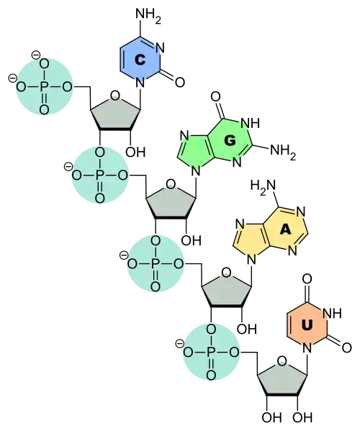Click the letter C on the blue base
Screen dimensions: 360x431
pyautogui.click(x=140, y=60)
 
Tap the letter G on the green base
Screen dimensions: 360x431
pyautogui.click(x=230, y=141)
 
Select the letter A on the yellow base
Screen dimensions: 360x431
pyautogui.click(x=285, y=230)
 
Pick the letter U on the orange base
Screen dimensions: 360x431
pyautogui.click(x=307, y=325)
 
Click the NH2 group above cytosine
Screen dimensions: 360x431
pyautogui.click(x=148, y=15)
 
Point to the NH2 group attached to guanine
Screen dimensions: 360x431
pyautogui.click(x=283, y=151)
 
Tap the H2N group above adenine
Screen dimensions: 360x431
pyautogui.click(x=263, y=186)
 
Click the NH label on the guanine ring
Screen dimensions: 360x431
pyautogui.click(x=251, y=124)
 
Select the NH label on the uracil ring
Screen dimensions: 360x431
pyautogui.click(x=332, y=313)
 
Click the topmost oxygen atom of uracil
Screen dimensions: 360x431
pyautogui.click(x=307, y=279)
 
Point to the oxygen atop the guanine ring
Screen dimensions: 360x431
pyautogui.click(x=215, y=96)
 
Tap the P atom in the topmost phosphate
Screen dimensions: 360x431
pyautogui.click(x=43, y=87)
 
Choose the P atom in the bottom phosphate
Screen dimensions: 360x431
pyautogui.click(x=211, y=353)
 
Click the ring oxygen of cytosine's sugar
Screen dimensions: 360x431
pyautogui.click(x=114, y=96)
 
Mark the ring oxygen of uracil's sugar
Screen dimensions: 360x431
pyautogui.click(x=282, y=361)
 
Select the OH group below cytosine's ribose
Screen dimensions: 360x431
pyautogui.click(x=135, y=152)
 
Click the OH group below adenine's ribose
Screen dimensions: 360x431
pyautogui.click(x=247, y=329)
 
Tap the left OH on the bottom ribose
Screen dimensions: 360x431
pyautogui.click(x=271, y=418)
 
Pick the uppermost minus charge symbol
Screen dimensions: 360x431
pyautogui.click(x=36, y=55)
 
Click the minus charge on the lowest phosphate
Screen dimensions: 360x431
pyautogui.click(x=179, y=344)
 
